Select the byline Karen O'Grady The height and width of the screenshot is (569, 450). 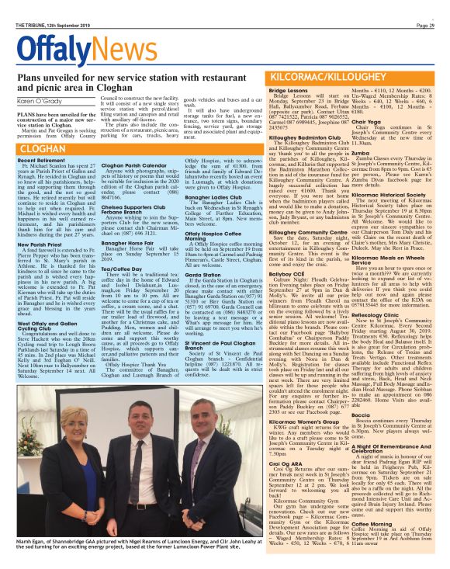click(36, 100)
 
